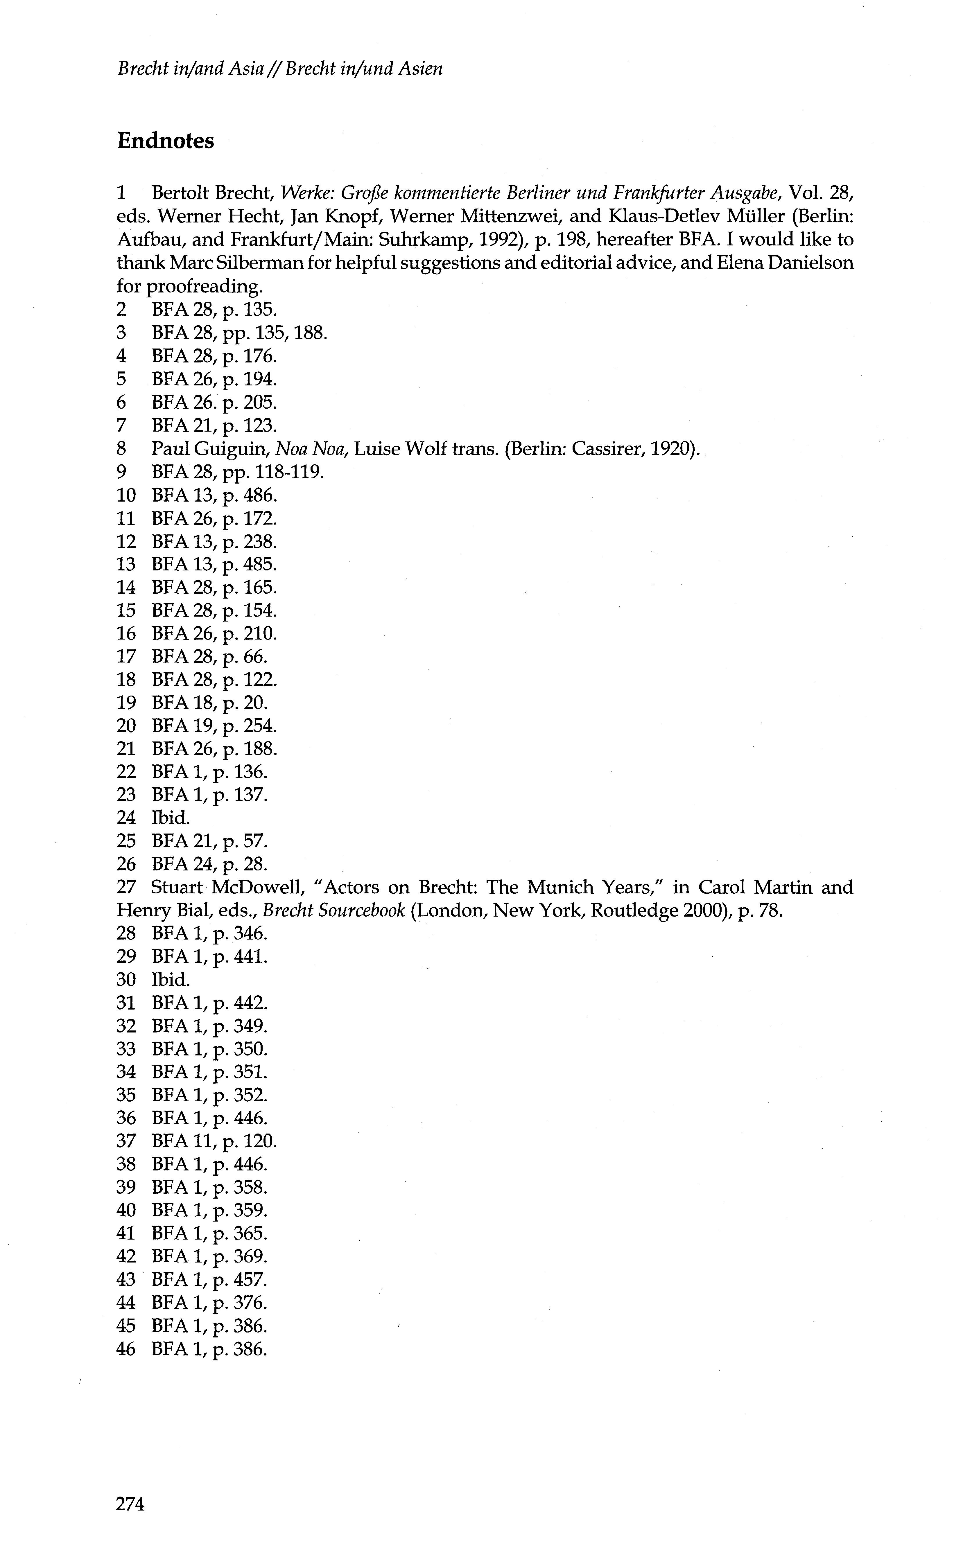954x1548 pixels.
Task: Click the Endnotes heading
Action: coord(165,141)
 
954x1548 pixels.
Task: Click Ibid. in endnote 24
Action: coord(170,818)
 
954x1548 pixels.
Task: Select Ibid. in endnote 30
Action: coord(170,980)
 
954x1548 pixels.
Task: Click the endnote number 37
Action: coord(126,1141)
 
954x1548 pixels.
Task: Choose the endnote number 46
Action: coord(126,1349)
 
